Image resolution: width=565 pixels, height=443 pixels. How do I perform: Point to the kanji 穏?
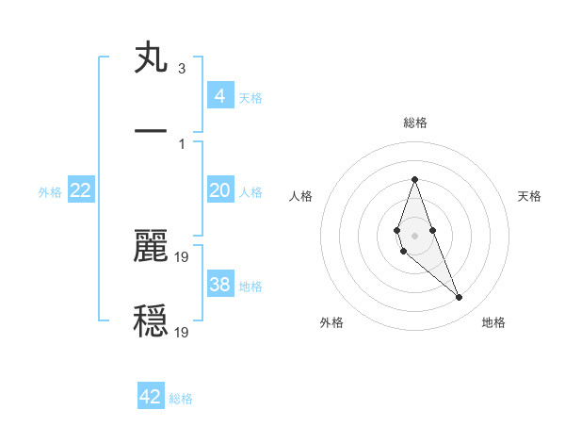(x=151, y=321)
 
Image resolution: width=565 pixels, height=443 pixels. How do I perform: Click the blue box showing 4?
(x=220, y=95)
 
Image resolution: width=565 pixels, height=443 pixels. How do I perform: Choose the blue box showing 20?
(x=220, y=190)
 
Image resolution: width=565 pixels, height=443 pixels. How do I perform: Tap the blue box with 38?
(x=220, y=285)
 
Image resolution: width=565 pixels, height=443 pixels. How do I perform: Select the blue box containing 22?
(x=81, y=190)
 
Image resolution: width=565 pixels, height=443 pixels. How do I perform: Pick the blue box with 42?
(x=151, y=397)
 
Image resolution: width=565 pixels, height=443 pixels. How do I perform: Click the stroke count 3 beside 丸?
(x=181, y=69)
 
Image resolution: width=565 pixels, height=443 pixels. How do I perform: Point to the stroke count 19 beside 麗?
(x=183, y=255)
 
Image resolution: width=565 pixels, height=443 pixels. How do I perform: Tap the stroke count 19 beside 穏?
(x=183, y=332)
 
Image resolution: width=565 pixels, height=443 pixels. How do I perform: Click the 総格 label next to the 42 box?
(x=181, y=399)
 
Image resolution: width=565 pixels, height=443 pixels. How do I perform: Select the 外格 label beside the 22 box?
(x=50, y=192)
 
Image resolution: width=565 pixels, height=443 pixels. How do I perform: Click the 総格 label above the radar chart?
(x=414, y=123)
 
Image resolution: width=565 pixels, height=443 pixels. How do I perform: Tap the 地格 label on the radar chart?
(x=493, y=322)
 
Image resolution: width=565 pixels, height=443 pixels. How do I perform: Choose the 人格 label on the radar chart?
(x=301, y=196)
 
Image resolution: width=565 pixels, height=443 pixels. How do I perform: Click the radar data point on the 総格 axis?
(x=414, y=179)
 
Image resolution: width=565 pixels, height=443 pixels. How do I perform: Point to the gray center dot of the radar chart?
(x=414, y=236)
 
